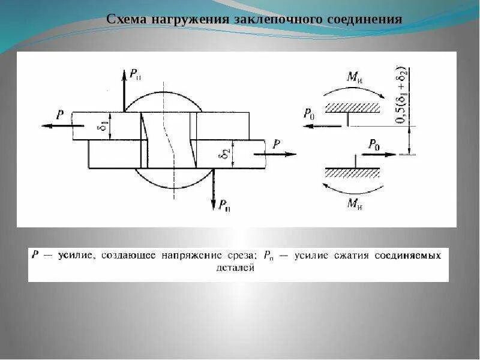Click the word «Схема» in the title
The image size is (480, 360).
tap(125, 19)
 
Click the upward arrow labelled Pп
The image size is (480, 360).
tap(124, 90)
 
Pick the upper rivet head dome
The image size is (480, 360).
tap(162, 101)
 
